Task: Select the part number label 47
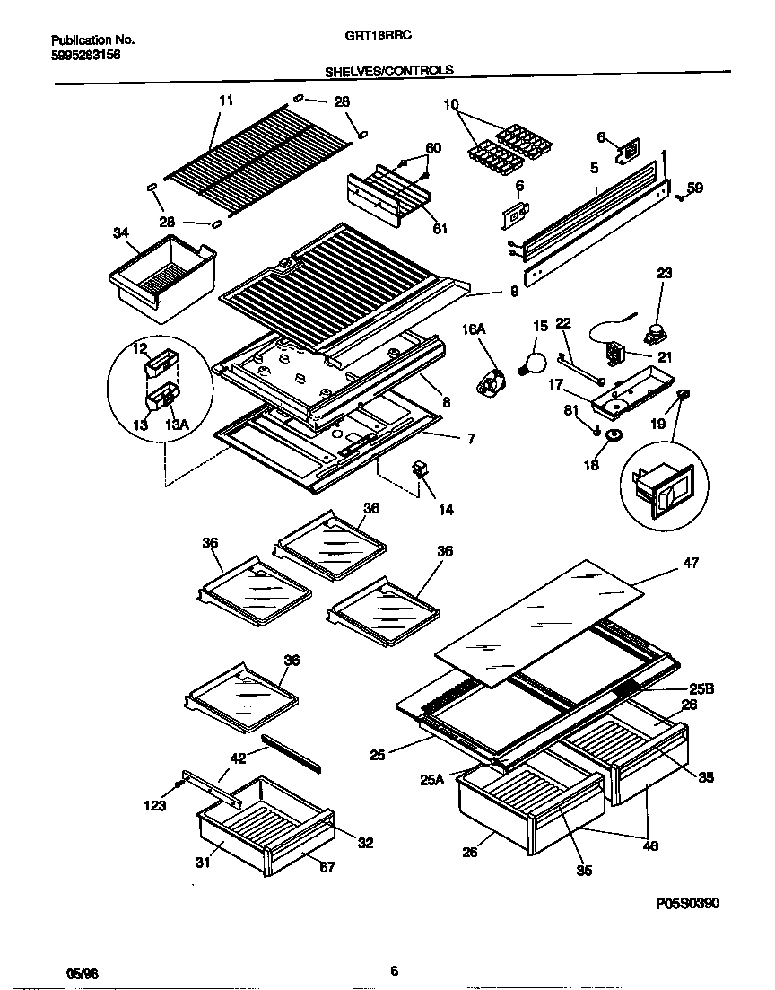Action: point(691,563)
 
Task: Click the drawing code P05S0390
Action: point(687,903)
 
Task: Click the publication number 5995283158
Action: point(86,54)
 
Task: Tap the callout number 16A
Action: point(474,330)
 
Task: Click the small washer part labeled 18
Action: point(614,435)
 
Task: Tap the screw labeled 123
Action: point(179,784)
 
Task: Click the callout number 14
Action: point(445,510)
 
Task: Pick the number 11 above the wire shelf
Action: point(225,101)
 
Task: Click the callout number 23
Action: point(664,273)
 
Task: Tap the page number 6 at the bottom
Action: point(394,969)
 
